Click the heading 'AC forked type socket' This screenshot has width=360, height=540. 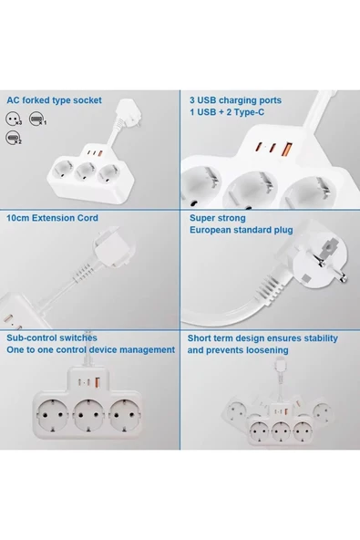coord(54,100)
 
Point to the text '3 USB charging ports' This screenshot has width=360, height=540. coord(235,100)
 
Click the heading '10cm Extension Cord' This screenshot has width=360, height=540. coord(52,219)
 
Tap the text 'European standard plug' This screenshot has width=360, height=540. coord(241,231)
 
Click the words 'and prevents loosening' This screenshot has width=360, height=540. coord(239,349)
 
